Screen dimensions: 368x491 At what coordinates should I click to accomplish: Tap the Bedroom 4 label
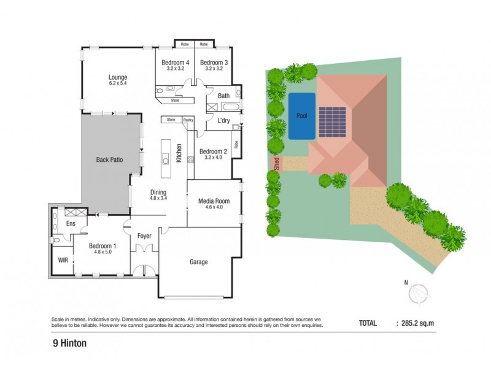[x=175, y=63]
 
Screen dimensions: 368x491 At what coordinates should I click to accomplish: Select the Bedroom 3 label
[x=214, y=63]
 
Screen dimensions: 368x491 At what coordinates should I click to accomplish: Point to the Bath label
[x=223, y=96]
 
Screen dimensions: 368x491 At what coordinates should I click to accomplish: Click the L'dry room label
[x=223, y=121]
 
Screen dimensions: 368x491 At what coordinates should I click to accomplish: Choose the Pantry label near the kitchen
[x=188, y=120]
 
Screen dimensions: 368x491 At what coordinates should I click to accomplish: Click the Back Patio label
[x=110, y=160]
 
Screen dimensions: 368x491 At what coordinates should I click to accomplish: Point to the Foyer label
[x=144, y=235]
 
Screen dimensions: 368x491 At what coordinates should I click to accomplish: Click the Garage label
[x=198, y=262]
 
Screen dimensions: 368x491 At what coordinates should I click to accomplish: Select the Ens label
[x=71, y=224]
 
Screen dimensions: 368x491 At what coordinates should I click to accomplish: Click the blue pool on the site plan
[x=301, y=115]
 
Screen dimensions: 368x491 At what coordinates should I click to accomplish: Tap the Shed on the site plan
[x=277, y=163]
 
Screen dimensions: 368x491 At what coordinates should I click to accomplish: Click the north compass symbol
[x=419, y=294]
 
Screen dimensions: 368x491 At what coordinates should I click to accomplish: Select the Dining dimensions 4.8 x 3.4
[x=159, y=198]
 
